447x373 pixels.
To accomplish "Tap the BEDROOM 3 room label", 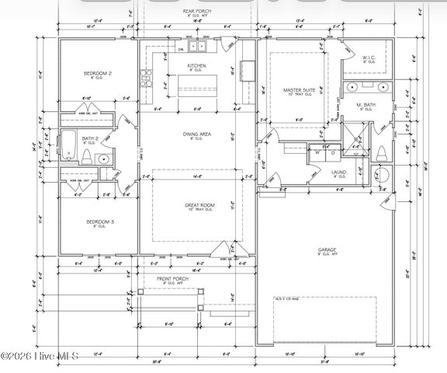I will [98, 222].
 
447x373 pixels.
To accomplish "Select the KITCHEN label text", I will [196, 66].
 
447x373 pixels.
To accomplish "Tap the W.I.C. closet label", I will [369, 57].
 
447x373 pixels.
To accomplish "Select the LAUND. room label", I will [339, 173].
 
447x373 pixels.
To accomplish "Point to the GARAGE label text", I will [326, 250].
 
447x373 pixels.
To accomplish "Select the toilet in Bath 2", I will [103, 159].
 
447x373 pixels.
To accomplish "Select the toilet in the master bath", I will [380, 175].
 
